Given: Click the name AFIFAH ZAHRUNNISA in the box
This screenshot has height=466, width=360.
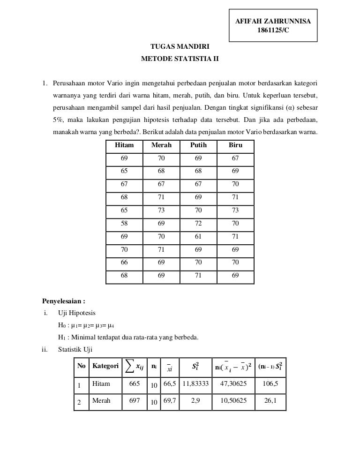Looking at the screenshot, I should [x=273, y=21].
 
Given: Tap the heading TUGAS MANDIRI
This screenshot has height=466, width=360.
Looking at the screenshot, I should [x=180, y=47].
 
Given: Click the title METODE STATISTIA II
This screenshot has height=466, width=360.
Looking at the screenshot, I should [x=180, y=60].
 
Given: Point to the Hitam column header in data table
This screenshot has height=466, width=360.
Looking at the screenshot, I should [x=124, y=145].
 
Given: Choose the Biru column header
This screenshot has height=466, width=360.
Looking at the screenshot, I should [x=235, y=145].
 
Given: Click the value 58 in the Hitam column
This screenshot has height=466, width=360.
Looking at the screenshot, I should [x=124, y=224].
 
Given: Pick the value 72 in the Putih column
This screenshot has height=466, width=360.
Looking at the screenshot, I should [x=198, y=224].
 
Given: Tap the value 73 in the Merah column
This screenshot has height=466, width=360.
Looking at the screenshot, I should [x=161, y=211].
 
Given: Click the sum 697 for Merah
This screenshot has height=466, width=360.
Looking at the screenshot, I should [x=135, y=401].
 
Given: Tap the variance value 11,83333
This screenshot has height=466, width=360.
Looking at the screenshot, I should [x=195, y=384].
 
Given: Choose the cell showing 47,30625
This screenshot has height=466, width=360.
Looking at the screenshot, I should [x=230, y=384].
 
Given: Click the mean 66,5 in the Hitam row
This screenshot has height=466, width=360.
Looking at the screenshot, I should [x=169, y=384].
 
